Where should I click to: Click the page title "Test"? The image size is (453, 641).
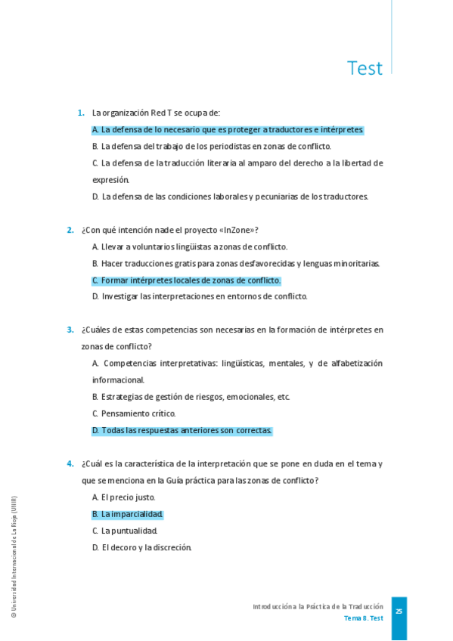click(x=365, y=68)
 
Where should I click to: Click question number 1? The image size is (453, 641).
click(x=81, y=113)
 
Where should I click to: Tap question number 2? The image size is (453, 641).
click(x=70, y=230)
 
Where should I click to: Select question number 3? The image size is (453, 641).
click(x=70, y=330)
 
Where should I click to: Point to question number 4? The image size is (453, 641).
click(x=70, y=463)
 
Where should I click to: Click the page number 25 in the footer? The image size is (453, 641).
click(x=399, y=611)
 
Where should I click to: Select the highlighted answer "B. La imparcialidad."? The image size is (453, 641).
click(x=127, y=514)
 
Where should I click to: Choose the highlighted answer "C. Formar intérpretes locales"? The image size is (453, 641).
click(x=186, y=280)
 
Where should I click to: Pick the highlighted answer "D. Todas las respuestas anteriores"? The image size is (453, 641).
click(x=182, y=430)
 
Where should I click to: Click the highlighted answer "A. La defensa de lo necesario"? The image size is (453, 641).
click(x=228, y=129)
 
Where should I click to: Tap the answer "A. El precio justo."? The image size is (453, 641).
click(x=123, y=497)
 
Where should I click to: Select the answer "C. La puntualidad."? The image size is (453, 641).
click(x=125, y=531)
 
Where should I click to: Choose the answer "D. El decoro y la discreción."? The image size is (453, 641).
click(x=141, y=547)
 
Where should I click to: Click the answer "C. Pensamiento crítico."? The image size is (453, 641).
click(x=134, y=413)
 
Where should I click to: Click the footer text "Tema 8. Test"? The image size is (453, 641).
click(x=363, y=618)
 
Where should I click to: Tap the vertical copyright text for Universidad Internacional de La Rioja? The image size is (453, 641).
click(x=14, y=557)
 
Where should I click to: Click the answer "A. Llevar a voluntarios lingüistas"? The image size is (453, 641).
click(x=189, y=246)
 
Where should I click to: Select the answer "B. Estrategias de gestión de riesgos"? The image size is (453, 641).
click(x=191, y=397)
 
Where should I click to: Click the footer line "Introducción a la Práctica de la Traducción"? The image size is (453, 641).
click(x=318, y=606)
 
